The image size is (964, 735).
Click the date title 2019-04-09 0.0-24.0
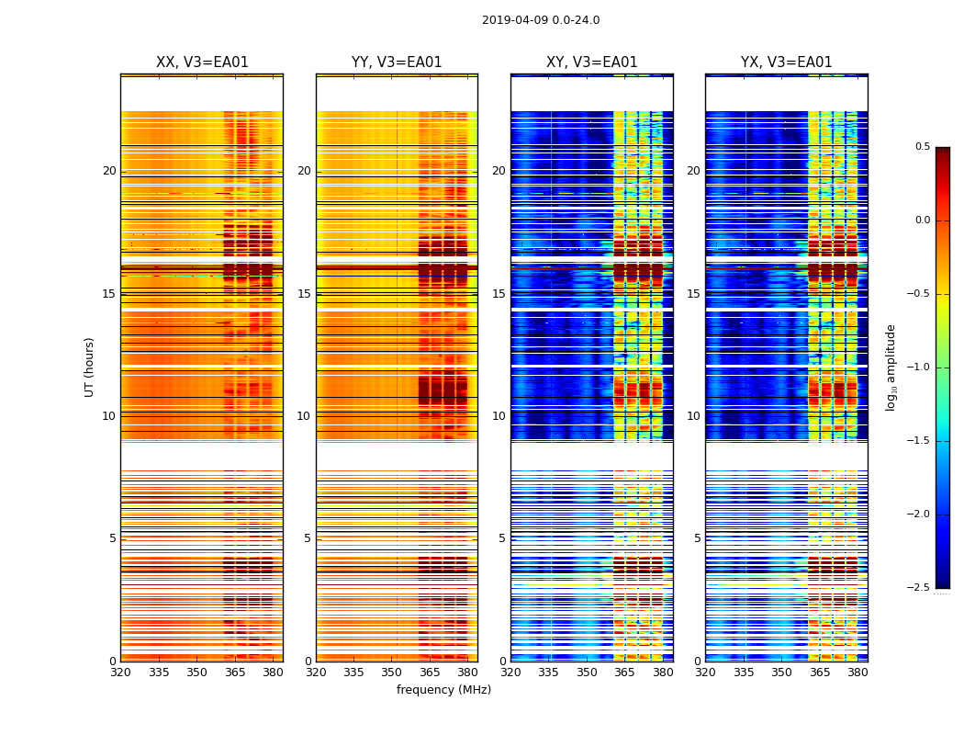coord(541,20)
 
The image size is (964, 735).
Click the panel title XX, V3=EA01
coord(202,62)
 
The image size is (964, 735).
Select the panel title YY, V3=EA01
coord(397,62)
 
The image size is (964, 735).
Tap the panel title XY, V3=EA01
coord(592,62)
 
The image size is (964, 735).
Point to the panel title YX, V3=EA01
coord(787,62)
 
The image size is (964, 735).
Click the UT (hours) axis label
coord(89,367)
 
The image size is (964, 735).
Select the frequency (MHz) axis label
coord(443,690)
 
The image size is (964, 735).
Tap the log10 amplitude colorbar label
coord(891,367)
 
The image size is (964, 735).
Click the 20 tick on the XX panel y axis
coord(109,171)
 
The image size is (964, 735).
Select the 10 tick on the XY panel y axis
coord(499,416)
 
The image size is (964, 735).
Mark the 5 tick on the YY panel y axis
coord(308,538)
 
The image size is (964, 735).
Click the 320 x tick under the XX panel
coord(120,673)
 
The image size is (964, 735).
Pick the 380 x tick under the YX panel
coord(858,673)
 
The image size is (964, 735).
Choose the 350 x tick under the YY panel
coord(392,673)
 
